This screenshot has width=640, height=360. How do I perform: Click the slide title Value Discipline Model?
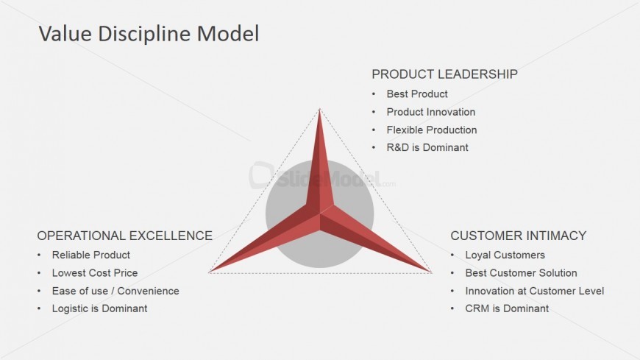[x=148, y=34]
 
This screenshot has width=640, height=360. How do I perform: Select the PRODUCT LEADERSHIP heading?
[x=444, y=74]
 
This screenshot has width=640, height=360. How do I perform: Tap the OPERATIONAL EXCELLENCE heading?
[x=124, y=236]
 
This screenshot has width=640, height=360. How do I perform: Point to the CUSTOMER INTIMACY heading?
[x=518, y=236]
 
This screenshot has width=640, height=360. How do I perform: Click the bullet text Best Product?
[x=417, y=94]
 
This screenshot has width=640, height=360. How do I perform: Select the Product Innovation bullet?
[x=431, y=112]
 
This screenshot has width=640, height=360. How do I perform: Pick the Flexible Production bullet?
[x=432, y=130]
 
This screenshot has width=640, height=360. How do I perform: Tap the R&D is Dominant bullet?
[x=427, y=147]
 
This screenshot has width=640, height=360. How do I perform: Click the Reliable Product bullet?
[x=91, y=255]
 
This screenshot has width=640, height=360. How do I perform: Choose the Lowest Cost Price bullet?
[x=95, y=273]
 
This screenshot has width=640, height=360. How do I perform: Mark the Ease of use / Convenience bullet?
[x=115, y=291]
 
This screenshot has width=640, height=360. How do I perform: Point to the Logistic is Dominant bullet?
[x=99, y=308]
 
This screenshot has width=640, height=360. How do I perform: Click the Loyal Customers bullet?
[x=505, y=255]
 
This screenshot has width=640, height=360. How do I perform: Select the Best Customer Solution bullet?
[x=522, y=273]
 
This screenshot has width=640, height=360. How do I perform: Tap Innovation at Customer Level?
[x=535, y=291]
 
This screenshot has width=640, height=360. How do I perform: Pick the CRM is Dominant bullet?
[x=507, y=308]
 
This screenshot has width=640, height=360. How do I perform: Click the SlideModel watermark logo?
[x=316, y=177]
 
